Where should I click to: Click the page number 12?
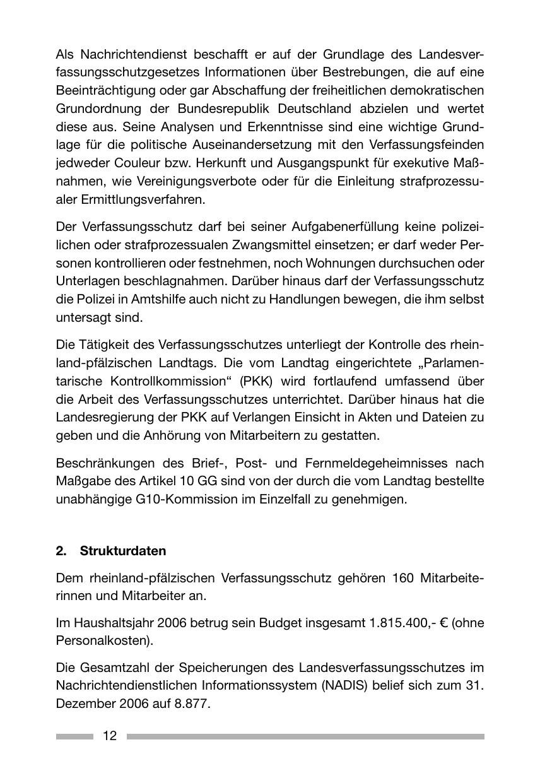pos(110,736)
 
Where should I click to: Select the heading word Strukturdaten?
pos(123,551)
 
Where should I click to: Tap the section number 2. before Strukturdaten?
pos(61,551)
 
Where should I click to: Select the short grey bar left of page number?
pos(74,736)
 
